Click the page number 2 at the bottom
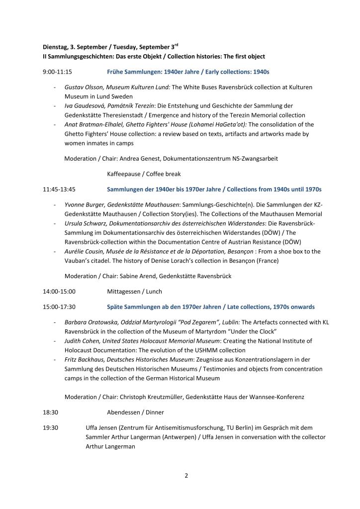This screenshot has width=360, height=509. point(186,476)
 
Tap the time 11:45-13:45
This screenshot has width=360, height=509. point(60,190)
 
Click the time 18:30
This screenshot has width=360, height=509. point(51,412)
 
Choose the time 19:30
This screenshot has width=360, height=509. point(51,427)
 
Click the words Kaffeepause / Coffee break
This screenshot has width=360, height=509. point(136,174)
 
